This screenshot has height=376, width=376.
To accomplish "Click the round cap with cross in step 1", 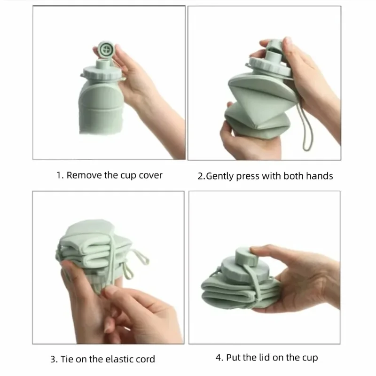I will pos(108,49).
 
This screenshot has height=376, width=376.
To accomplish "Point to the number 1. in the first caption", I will pos(60,175).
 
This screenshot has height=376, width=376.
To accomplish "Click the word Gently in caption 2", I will pos(221,176).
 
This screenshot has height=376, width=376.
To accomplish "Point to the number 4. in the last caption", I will pos(219,358).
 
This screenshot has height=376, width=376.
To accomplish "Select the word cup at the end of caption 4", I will pos(310,358).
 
